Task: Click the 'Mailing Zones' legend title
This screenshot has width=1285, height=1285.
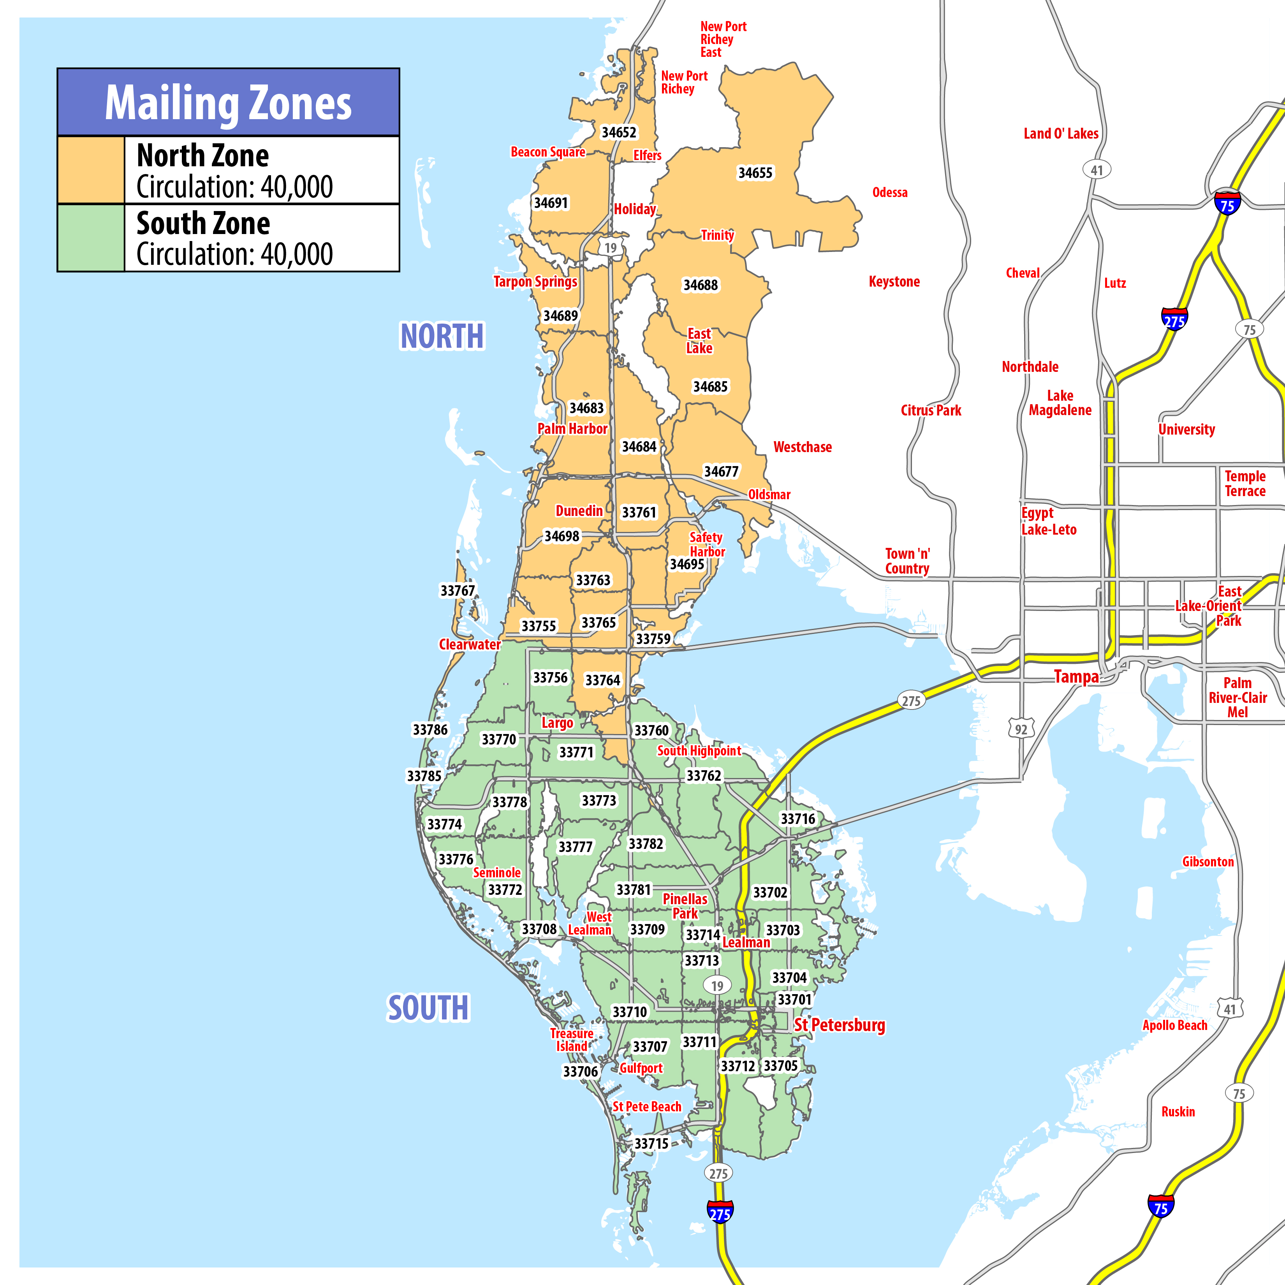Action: [x=228, y=103]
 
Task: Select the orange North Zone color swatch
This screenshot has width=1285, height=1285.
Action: [x=91, y=170]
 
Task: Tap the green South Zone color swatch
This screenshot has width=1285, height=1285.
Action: [x=91, y=238]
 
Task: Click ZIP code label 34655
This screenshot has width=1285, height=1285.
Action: [x=755, y=173]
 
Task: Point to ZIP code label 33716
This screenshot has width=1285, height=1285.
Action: [x=797, y=819]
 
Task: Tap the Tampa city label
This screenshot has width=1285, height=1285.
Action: [x=1076, y=677]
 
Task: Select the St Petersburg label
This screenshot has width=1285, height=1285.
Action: [x=840, y=1025]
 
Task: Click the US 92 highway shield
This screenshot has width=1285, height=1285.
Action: [x=1021, y=729]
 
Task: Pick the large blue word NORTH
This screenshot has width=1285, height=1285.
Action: [x=442, y=336]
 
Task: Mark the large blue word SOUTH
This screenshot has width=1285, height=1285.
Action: [x=428, y=1008]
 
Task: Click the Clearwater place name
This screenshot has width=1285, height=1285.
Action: [x=470, y=644]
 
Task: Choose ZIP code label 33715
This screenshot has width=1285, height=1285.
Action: [x=651, y=1143]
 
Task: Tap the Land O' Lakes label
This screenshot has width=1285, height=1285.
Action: [x=1061, y=134]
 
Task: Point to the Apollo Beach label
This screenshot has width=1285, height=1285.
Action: [x=1174, y=1025]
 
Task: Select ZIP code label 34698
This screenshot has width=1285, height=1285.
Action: [x=562, y=536]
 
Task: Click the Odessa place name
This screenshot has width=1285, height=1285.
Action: [x=890, y=193]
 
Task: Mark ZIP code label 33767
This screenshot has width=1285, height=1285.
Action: [x=458, y=591]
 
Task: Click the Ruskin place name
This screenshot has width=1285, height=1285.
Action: [x=1178, y=1111]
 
